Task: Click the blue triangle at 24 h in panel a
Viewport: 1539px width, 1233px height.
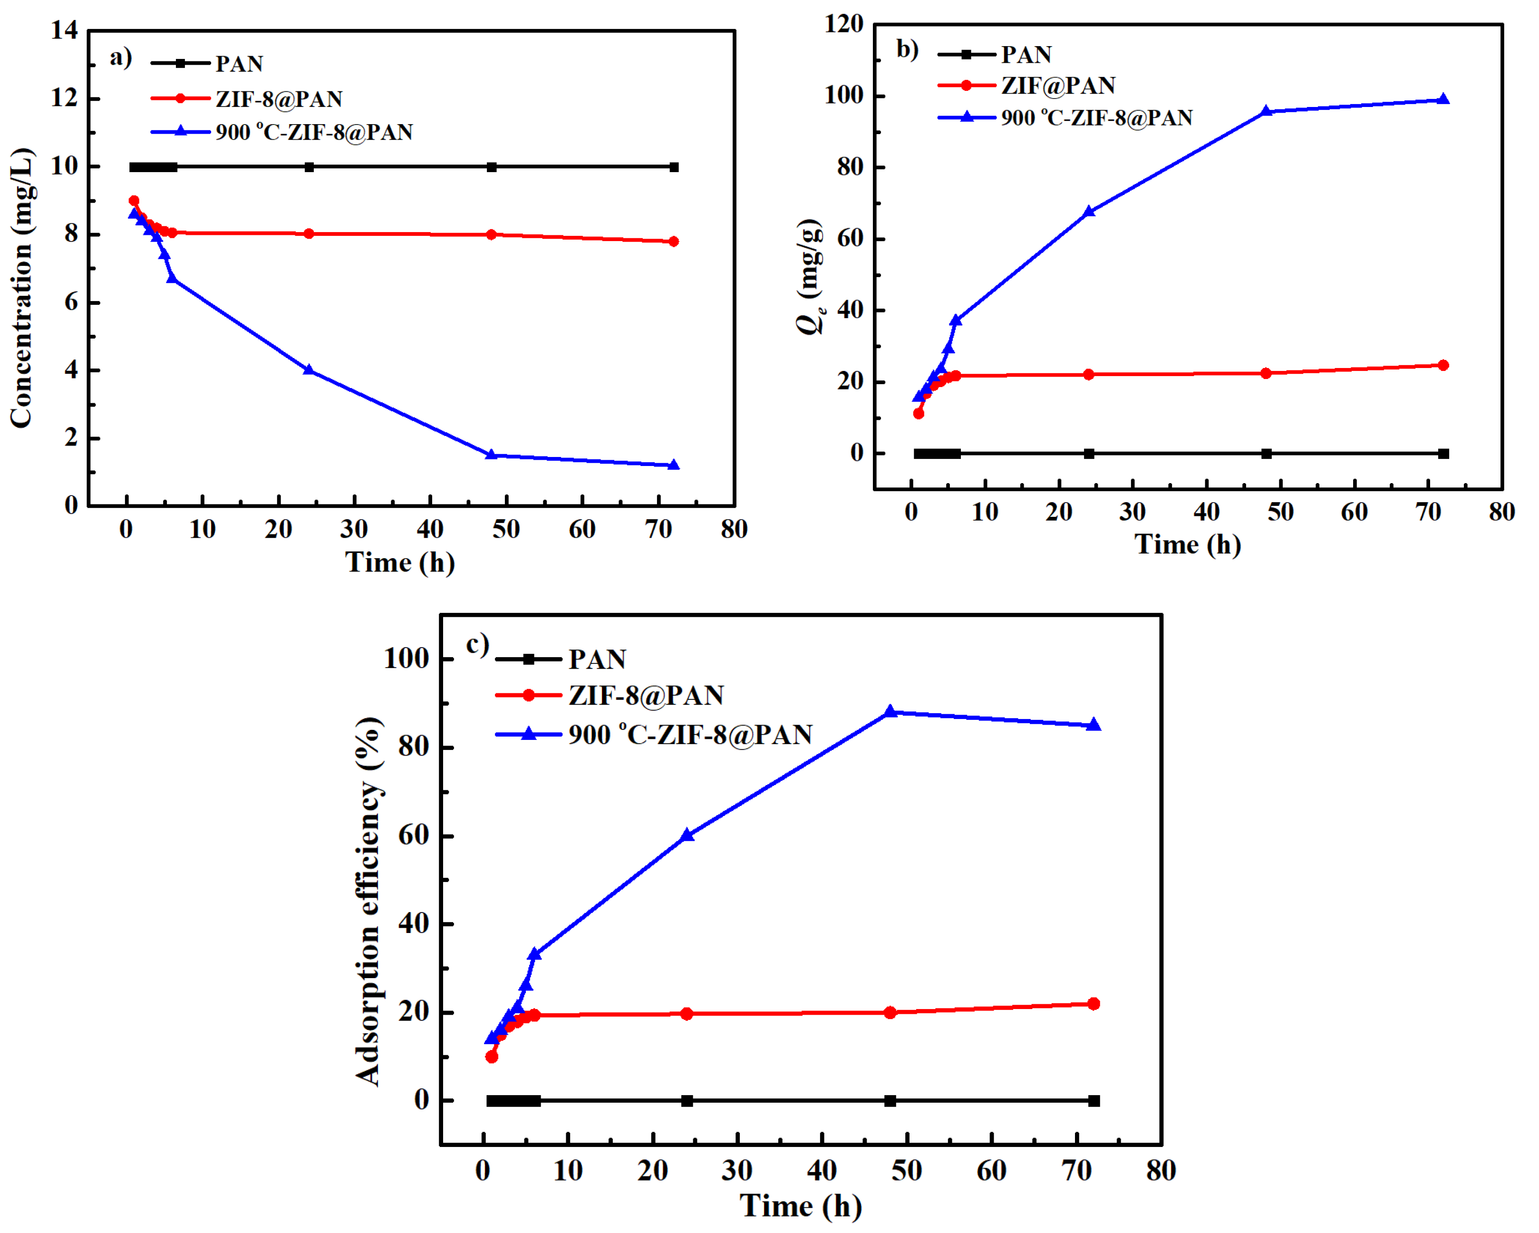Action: point(309,370)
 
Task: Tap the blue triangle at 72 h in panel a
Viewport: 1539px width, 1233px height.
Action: point(673,466)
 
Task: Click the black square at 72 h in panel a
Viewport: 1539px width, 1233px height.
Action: point(674,167)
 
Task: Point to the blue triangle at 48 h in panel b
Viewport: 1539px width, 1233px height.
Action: point(1266,111)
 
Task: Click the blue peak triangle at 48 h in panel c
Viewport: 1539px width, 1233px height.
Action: point(890,712)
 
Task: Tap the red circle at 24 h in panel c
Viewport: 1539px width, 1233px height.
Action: point(687,1014)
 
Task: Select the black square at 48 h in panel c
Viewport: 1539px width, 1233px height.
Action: point(890,1101)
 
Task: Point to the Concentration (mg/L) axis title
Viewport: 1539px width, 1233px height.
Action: point(21,288)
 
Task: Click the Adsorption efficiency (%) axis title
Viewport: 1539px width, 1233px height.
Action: point(368,901)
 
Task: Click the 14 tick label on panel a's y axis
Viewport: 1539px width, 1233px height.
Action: point(64,30)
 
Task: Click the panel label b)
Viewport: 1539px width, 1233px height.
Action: point(907,49)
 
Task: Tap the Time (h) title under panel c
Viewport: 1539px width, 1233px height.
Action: point(800,1206)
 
